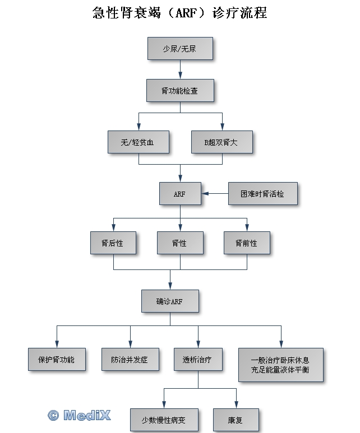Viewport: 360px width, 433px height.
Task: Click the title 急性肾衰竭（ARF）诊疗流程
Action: point(179,12)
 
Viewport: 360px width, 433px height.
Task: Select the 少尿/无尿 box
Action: point(179,49)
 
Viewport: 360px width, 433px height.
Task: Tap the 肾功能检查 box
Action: point(179,91)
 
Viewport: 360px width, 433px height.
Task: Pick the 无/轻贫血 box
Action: point(138,142)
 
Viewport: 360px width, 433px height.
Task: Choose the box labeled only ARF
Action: point(179,194)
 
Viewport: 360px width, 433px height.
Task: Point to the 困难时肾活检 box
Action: point(262,194)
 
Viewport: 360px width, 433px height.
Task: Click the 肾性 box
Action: point(179,243)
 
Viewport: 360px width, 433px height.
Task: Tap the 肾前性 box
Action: point(246,243)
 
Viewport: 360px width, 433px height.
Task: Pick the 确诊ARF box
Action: point(169,301)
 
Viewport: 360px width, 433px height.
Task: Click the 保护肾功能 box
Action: point(56,359)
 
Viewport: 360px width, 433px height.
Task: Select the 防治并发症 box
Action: point(130,359)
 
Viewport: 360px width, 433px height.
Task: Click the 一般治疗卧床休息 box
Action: point(280,364)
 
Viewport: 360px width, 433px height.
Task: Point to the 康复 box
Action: point(236,419)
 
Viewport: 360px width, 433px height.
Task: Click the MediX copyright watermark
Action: point(79,415)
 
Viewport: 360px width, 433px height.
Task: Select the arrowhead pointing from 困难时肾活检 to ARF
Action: point(205,194)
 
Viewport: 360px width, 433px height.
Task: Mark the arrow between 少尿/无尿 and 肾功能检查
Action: point(180,70)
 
